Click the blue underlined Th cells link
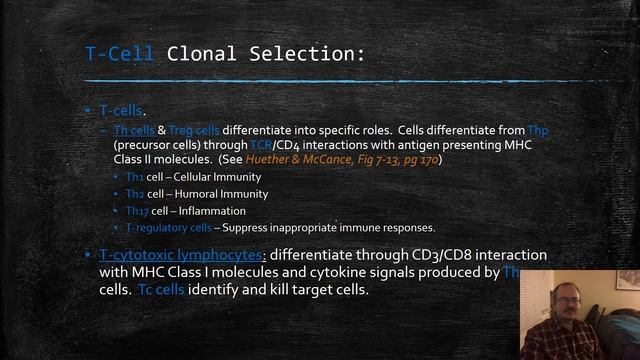tap(134, 130)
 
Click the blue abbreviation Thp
tap(539, 130)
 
